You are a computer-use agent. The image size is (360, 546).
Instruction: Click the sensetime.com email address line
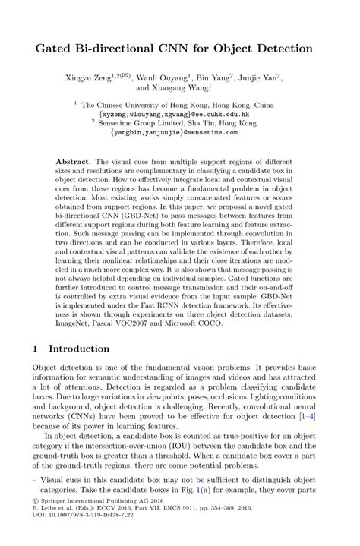click(179, 132)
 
